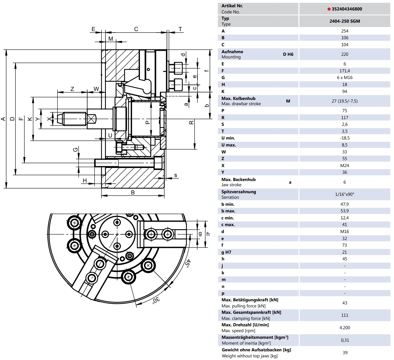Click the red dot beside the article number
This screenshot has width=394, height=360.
tap(329, 9)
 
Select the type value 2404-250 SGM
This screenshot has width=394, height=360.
tap(345, 21)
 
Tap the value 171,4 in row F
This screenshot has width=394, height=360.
tap(345, 71)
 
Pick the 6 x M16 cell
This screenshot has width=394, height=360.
tap(345, 78)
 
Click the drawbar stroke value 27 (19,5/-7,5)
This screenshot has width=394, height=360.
tap(345, 101)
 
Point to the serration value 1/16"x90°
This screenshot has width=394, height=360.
tap(345, 194)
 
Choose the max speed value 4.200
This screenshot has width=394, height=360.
tap(345, 328)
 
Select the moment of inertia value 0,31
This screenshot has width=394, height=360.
tap(345, 340)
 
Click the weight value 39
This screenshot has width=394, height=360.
tap(345, 353)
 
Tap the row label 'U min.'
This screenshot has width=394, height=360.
tap(228, 138)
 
